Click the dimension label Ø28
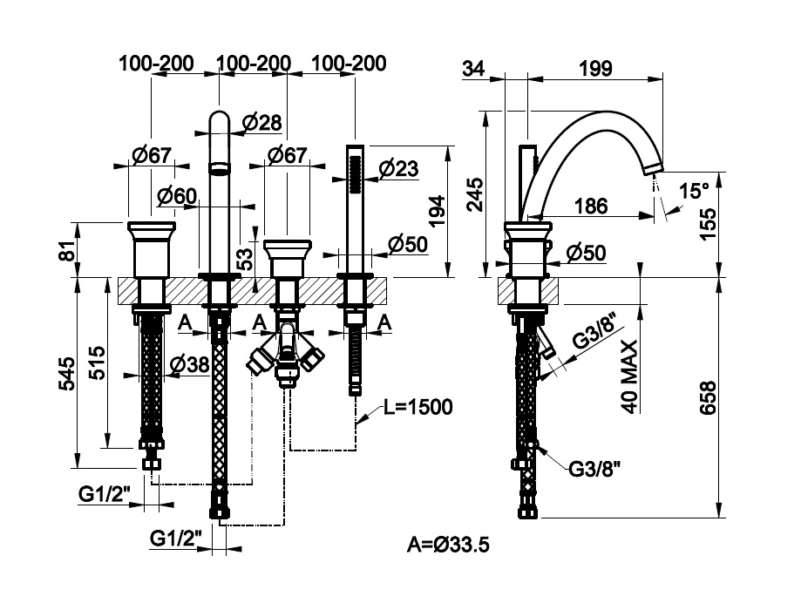click(x=262, y=123)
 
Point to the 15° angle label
click(x=695, y=191)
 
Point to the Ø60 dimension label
click(x=178, y=197)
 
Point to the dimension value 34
click(x=474, y=68)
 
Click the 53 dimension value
click(x=245, y=257)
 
